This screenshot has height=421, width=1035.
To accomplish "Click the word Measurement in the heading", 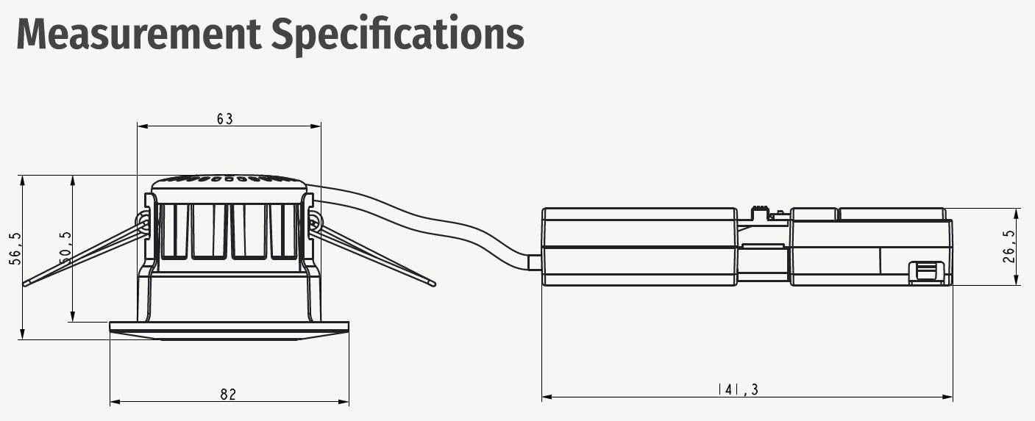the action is click(x=138, y=34).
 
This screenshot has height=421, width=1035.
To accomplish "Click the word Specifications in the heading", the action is click(x=398, y=35).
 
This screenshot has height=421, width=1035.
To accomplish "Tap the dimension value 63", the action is click(x=225, y=119).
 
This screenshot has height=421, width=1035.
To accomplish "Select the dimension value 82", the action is click(x=228, y=395).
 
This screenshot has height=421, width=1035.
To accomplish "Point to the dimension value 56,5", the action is click(x=15, y=248).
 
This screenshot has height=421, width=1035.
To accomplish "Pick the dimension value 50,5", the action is click(x=65, y=248).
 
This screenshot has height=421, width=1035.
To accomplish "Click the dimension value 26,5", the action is click(x=1009, y=247).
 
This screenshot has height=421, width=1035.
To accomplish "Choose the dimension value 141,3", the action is click(x=739, y=390).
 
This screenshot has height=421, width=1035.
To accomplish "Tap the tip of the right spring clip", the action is click(x=433, y=284).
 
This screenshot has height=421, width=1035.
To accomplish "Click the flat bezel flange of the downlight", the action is click(x=230, y=331).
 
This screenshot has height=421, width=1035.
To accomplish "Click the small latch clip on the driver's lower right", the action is click(x=926, y=273).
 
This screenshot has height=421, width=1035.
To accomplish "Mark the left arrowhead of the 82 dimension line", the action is click(x=115, y=402).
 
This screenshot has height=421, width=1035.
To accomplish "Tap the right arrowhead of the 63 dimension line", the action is click(x=316, y=126).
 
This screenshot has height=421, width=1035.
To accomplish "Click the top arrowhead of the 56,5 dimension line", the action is click(x=23, y=181).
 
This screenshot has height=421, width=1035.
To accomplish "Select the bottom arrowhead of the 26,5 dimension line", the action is click(x=1017, y=280).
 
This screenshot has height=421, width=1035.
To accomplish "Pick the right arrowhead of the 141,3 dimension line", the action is click(x=947, y=397).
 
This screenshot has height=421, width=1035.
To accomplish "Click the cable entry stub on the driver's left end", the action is click(x=535, y=262).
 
